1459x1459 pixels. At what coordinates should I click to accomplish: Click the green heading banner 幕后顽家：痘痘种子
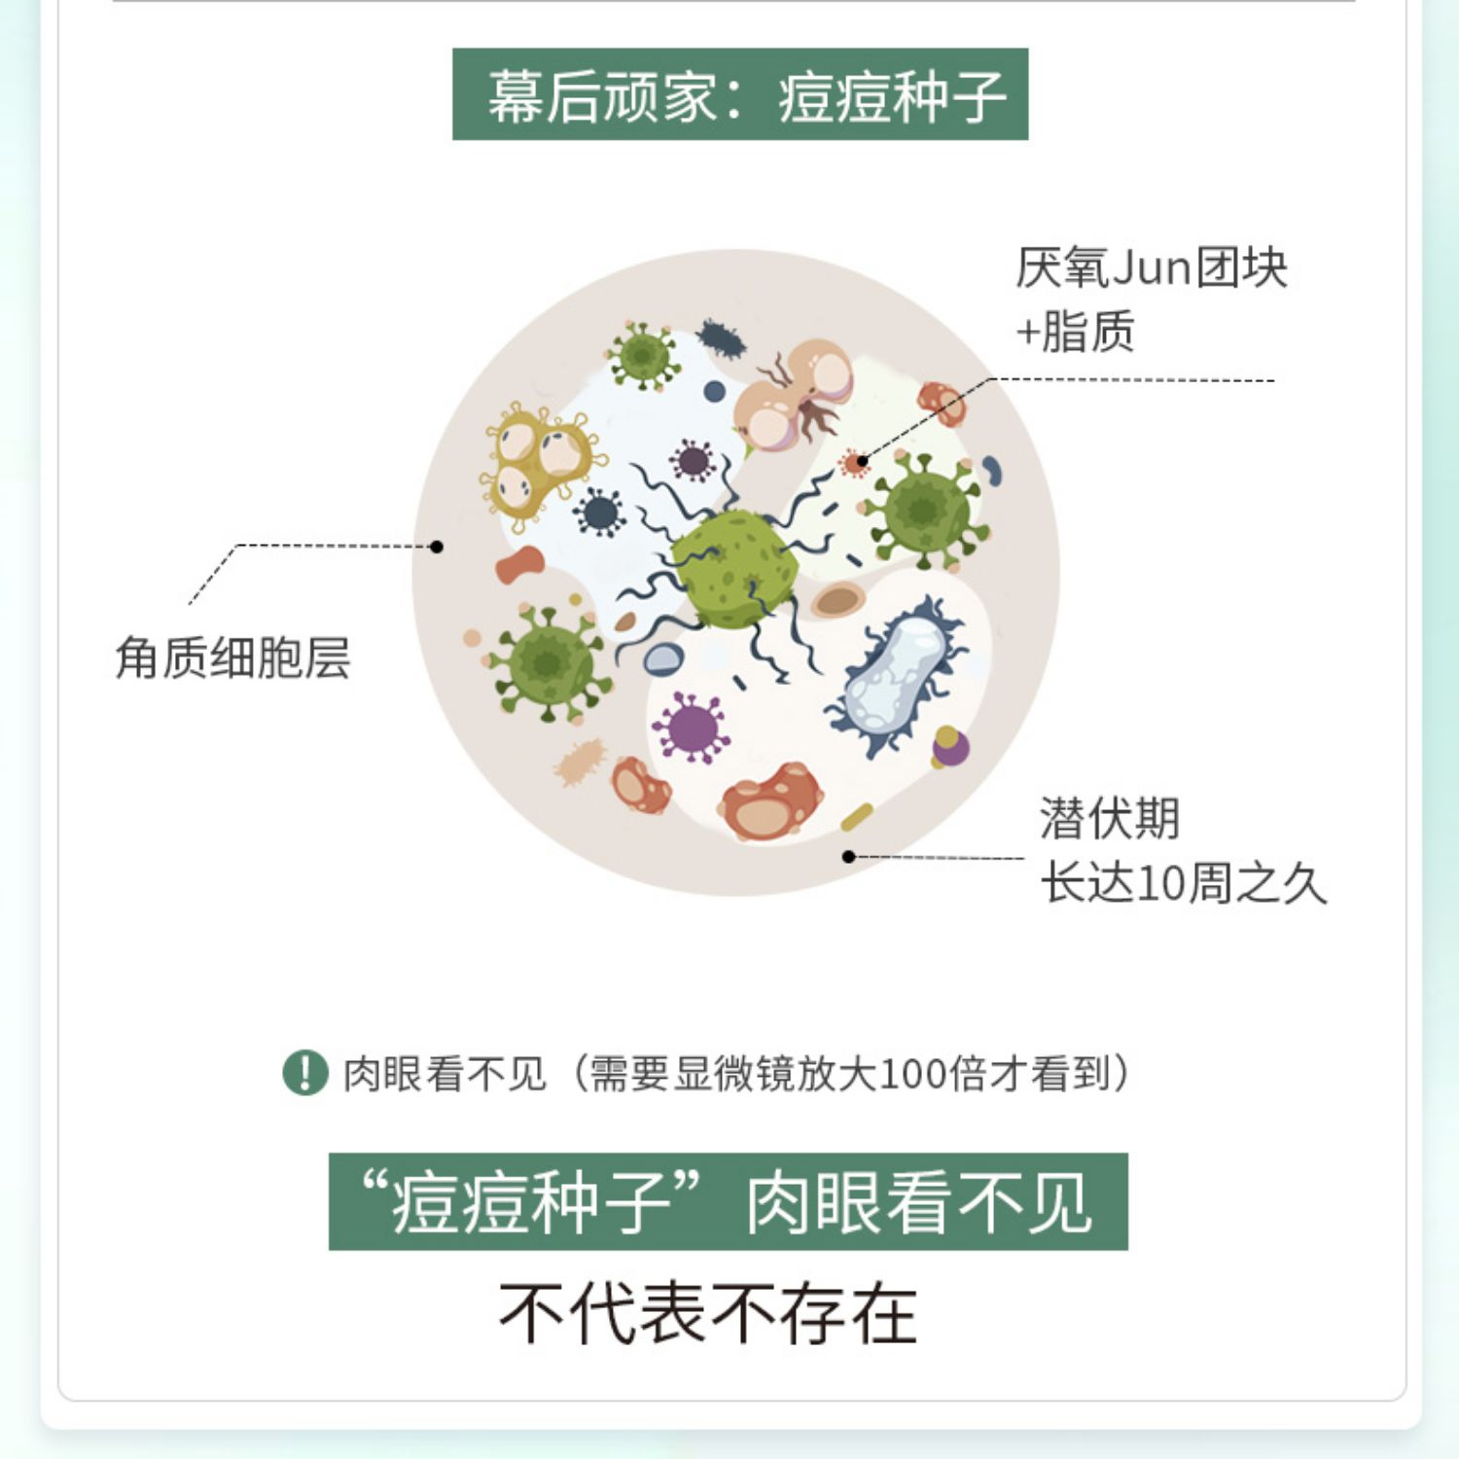tap(739, 94)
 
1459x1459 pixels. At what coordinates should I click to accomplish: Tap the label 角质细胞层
tap(232, 658)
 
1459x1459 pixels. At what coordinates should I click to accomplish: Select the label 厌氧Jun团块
tap(1151, 267)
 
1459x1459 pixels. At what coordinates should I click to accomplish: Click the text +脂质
tap(1075, 332)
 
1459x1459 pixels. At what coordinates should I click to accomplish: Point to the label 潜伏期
tap(1110, 818)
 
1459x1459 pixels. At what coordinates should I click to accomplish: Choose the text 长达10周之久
tap(1183, 883)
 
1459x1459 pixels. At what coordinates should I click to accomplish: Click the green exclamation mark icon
tap(304, 1073)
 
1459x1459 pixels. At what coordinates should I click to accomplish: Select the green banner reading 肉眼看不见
tap(728, 1201)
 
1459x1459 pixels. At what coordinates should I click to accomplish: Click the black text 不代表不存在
tap(708, 1312)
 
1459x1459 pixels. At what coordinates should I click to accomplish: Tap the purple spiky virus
tap(692, 727)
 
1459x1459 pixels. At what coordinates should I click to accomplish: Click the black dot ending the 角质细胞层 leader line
tap(437, 547)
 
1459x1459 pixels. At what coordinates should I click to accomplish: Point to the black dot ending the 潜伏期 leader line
tap(848, 856)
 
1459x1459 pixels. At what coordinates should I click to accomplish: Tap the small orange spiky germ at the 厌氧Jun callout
tap(855, 463)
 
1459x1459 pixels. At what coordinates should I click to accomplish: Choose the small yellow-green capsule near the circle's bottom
tap(857, 816)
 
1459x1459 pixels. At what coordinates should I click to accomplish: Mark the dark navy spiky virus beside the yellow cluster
tap(599, 512)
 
